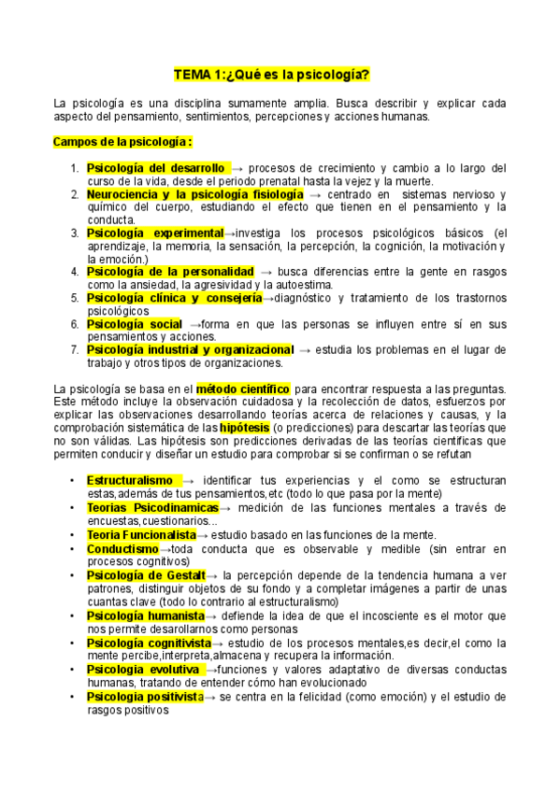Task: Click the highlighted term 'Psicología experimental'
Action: [x=154, y=232]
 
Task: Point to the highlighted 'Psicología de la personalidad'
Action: [x=169, y=271]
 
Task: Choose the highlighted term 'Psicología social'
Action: [x=134, y=323]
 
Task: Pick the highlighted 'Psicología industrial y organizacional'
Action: [x=190, y=349]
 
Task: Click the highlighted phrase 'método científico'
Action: [x=244, y=388]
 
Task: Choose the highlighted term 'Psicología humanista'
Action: [x=145, y=616]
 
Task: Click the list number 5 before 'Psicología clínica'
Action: [x=76, y=298]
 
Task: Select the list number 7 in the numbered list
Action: [x=76, y=349]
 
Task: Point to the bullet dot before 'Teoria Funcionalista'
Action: [x=73, y=534]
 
